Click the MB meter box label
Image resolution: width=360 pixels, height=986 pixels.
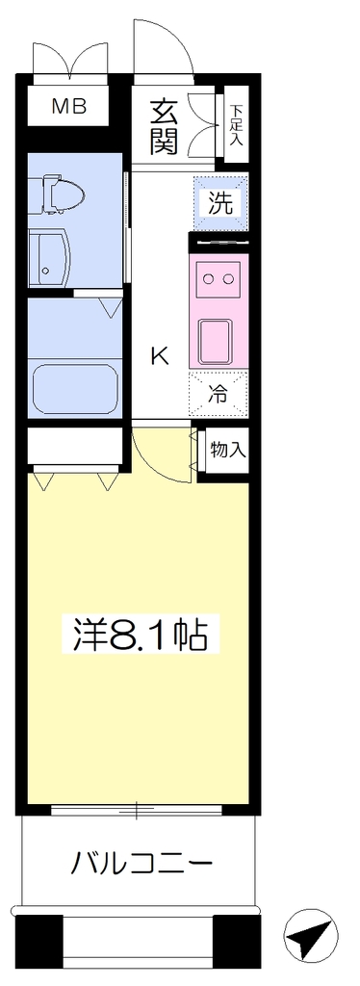(x=69, y=108)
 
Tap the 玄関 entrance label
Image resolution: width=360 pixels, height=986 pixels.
(x=164, y=127)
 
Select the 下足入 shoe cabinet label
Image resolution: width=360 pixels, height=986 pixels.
(x=236, y=125)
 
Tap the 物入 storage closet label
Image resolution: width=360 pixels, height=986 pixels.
(x=228, y=451)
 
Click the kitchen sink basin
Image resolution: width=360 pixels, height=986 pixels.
(x=217, y=342)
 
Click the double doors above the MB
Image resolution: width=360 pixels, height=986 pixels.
(x=69, y=59)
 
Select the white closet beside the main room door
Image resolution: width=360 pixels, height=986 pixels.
(x=75, y=447)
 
